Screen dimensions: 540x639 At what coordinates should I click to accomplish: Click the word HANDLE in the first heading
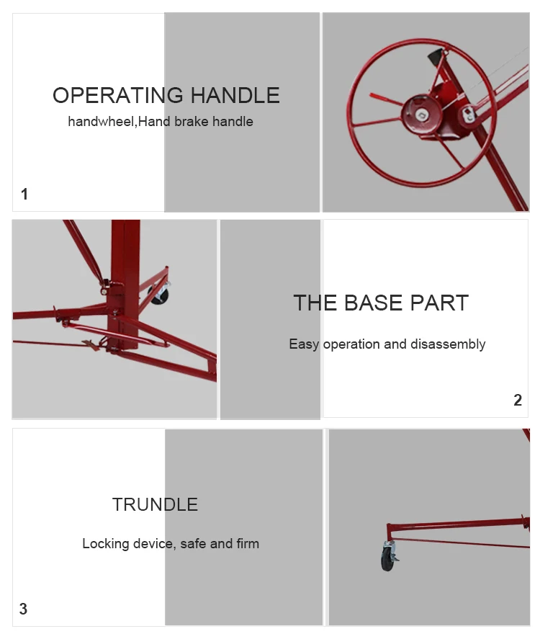[235, 95]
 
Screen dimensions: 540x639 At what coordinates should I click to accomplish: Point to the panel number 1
[24, 194]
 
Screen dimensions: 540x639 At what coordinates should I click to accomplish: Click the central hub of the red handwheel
[422, 115]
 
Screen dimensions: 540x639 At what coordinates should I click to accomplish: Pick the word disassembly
[448, 344]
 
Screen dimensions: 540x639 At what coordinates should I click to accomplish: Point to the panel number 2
[518, 401]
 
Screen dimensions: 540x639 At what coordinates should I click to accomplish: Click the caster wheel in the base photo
[159, 293]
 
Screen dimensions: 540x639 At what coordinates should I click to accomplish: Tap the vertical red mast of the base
[125, 285]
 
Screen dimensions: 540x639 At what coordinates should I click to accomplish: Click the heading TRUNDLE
[155, 504]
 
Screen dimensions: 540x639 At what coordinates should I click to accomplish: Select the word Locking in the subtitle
[106, 544]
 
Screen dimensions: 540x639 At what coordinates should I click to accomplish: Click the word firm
[248, 543]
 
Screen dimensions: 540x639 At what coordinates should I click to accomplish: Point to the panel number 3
[23, 609]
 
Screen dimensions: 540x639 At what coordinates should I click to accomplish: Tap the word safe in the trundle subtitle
[194, 544]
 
